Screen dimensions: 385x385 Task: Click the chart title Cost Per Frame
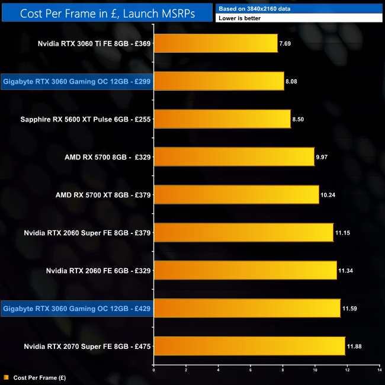click(107, 12)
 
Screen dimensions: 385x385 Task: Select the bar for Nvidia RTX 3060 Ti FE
click(216, 43)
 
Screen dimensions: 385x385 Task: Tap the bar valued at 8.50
click(222, 119)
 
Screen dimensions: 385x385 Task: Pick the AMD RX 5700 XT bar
click(236, 195)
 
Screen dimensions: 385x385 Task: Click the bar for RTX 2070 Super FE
click(249, 346)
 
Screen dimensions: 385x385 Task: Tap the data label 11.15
click(342, 233)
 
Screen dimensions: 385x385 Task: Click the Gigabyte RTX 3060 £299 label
click(77, 81)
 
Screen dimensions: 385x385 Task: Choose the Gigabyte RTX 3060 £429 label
click(77, 309)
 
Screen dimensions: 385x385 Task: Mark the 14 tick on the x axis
click(379, 370)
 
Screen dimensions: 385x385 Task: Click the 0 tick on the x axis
click(154, 370)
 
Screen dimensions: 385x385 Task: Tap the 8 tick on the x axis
click(283, 370)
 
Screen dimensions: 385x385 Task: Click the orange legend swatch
click(6, 377)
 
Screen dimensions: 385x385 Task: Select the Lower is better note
click(239, 18)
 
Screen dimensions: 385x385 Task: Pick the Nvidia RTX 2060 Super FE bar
click(243, 233)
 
